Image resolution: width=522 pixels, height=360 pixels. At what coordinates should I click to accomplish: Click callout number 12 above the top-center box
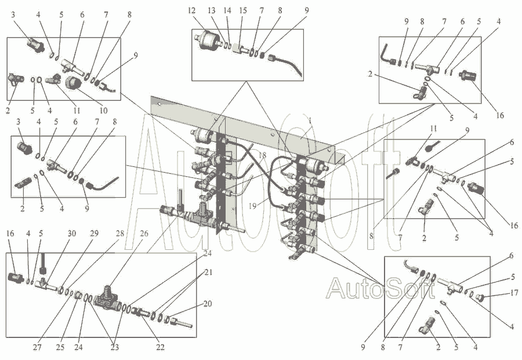(191, 10)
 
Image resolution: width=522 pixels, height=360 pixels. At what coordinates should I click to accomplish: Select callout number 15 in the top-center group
(243, 10)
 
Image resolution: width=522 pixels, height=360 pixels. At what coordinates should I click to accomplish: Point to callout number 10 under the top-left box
(103, 110)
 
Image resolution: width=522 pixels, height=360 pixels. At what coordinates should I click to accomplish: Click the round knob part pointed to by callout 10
(73, 82)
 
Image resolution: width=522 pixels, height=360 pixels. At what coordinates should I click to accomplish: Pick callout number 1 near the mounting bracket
(310, 121)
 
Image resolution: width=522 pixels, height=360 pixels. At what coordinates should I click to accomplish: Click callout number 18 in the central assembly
(262, 155)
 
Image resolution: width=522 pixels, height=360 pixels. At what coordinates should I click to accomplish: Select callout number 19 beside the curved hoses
(252, 206)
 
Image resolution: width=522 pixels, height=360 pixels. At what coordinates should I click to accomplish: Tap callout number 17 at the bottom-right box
(514, 293)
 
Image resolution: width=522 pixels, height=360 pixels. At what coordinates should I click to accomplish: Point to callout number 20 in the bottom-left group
(208, 304)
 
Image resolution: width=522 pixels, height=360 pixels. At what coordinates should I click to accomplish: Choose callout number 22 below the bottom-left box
(161, 347)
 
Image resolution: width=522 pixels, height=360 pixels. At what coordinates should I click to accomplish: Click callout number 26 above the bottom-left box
(144, 234)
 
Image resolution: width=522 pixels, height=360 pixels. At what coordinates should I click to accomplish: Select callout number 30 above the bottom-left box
(72, 234)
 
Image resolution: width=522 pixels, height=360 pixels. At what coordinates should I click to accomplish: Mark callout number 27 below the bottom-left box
(37, 347)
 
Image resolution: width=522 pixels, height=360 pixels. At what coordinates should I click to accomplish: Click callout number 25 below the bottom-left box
(60, 347)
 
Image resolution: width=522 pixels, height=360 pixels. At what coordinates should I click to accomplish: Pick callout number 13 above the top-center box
(212, 10)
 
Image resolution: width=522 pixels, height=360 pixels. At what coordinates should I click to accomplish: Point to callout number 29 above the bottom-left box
(94, 234)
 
